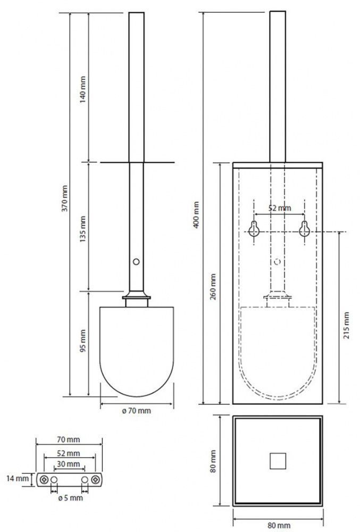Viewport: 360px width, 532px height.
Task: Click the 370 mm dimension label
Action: [x=64, y=198]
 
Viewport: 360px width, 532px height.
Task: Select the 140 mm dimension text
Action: [x=83, y=90]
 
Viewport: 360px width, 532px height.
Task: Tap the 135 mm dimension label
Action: [x=83, y=229]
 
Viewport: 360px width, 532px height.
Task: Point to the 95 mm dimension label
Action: [x=83, y=340]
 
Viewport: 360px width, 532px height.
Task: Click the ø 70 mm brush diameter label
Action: [x=136, y=411]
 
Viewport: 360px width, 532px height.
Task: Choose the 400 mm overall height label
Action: [x=196, y=215]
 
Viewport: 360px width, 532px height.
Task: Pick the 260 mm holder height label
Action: [x=213, y=287]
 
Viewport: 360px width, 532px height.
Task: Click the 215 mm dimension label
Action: [x=347, y=326]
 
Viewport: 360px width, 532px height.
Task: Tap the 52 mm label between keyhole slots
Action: [x=280, y=208]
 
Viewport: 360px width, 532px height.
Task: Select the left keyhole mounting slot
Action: [x=254, y=229]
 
